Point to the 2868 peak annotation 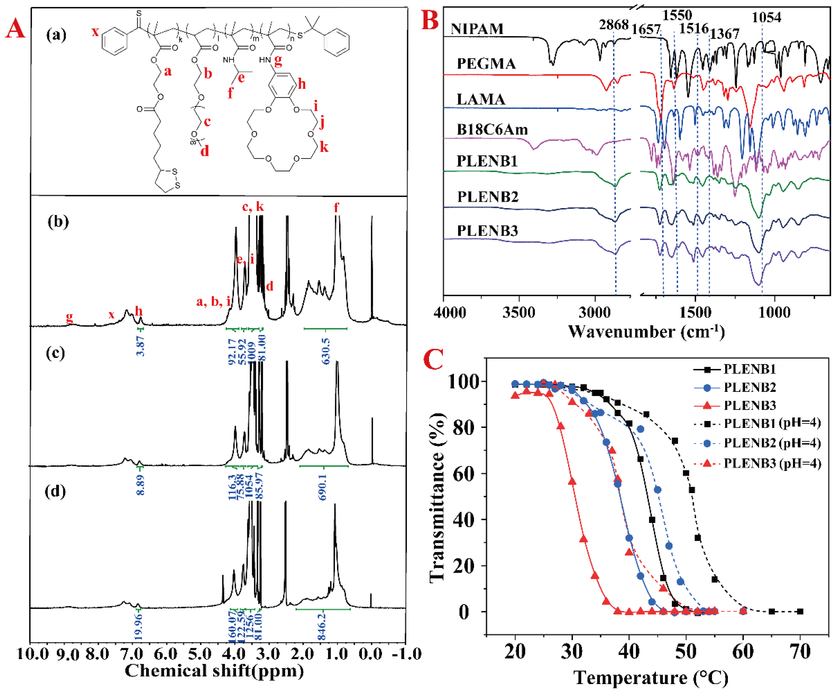tap(614, 25)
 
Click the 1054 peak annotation tap(766, 17)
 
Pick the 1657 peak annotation tap(646, 29)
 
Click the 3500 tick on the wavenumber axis tap(519, 312)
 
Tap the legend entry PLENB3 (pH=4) tap(772, 463)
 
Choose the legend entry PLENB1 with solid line tap(749, 369)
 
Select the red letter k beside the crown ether tap(324, 147)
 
